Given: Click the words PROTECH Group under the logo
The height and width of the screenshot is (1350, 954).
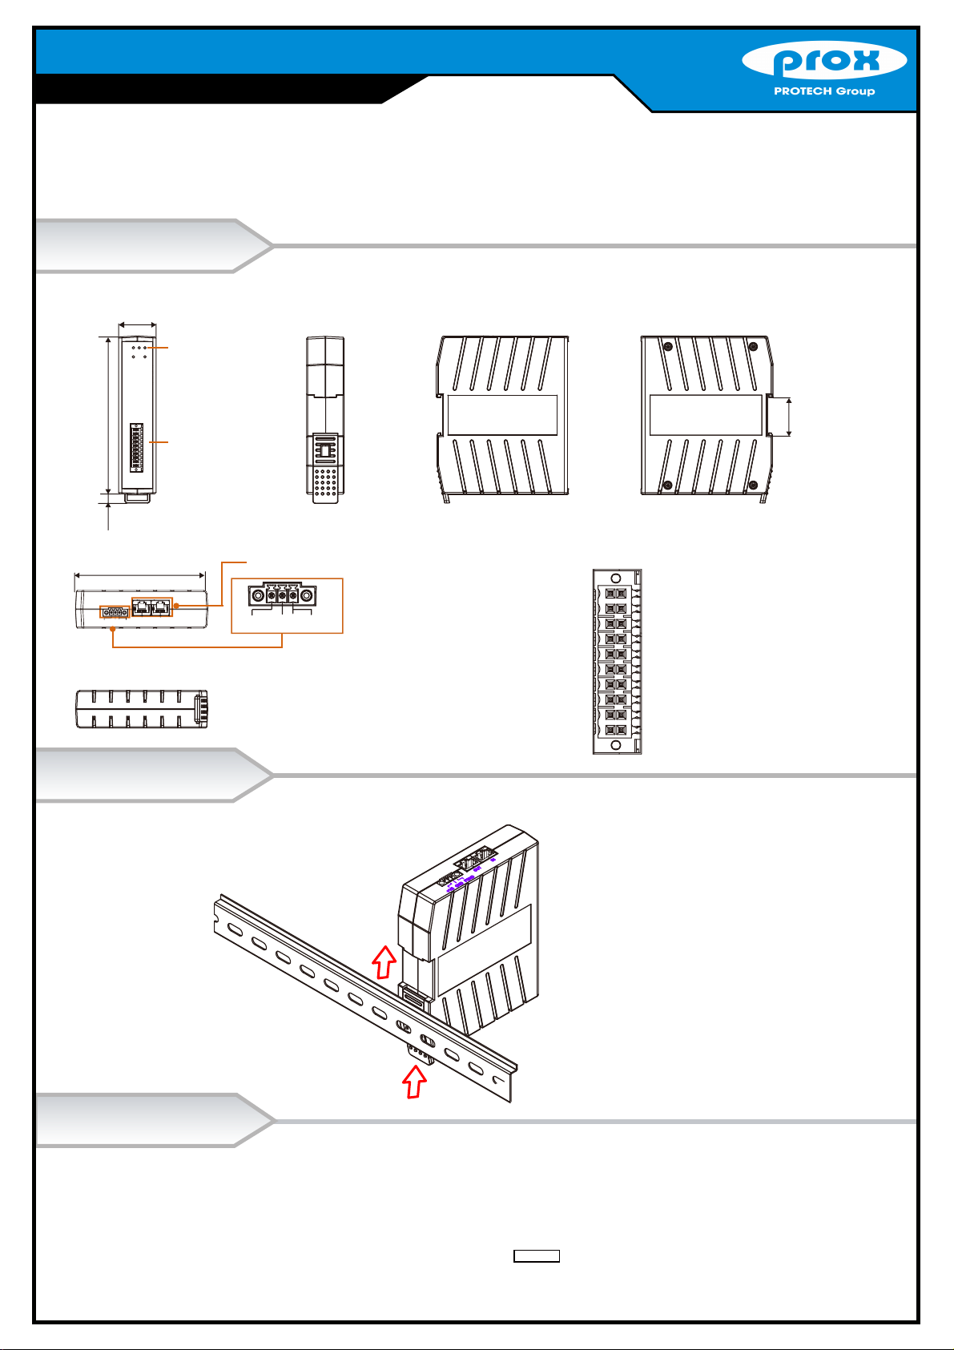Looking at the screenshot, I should point(823,91).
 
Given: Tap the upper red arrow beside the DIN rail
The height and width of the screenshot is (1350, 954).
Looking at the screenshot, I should point(385,961).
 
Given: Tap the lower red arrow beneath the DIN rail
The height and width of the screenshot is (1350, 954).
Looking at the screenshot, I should point(413,1083).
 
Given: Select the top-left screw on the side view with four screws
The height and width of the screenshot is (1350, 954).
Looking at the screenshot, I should point(668,346).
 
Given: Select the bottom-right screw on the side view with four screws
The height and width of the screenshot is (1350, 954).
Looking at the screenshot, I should point(753,485).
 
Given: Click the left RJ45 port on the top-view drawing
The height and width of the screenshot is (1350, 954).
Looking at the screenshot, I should point(143,606).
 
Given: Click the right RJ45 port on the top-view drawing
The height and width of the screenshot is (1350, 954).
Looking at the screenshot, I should point(162,606).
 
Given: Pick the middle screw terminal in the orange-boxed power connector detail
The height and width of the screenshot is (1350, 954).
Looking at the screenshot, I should point(282,596).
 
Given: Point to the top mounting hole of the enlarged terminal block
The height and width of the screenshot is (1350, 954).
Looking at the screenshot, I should point(615,578).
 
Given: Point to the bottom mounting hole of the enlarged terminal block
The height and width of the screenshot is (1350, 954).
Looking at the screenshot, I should point(615,746).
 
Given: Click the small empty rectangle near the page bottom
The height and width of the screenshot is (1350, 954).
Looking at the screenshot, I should point(536,1256).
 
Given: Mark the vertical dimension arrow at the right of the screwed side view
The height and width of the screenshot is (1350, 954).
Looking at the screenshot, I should point(791,417).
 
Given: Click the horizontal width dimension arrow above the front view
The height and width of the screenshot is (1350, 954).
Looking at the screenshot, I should point(137,325).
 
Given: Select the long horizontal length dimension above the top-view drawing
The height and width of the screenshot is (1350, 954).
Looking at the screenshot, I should point(139,574).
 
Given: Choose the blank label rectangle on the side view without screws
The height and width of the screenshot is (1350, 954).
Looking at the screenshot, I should point(502,415).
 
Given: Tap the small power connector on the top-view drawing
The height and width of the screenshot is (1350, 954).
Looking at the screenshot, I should point(114,612).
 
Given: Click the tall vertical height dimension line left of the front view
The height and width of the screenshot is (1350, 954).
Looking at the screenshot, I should point(108,415).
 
